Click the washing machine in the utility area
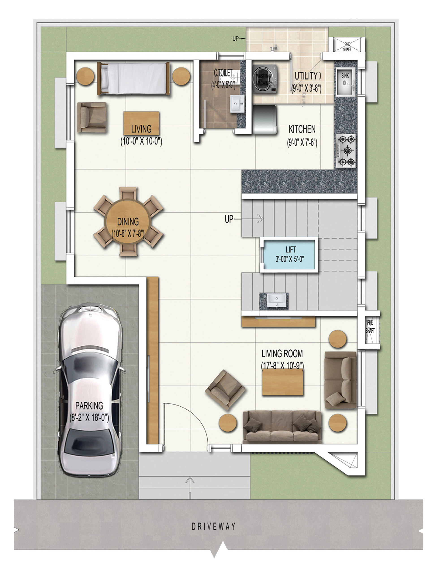[264, 79]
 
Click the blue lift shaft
[289, 255]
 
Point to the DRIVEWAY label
[213, 526]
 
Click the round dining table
[128, 221]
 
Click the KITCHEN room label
[302, 129]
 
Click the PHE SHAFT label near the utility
[347, 46]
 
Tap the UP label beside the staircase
[229, 219]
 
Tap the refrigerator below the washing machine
[264, 119]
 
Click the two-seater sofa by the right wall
[340, 380]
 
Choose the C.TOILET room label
[223, 73]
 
